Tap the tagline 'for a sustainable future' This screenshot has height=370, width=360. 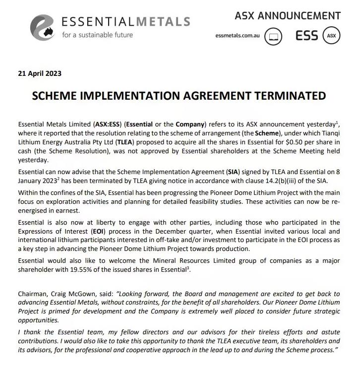click(97, 35)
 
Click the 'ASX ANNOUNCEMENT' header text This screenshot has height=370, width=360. click(288, 15)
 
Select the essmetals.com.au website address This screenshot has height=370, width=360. click(238, 36)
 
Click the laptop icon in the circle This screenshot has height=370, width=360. click(273, 36)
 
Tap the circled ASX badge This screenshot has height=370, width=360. click(332, 36)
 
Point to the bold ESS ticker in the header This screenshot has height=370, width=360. click(306, 36)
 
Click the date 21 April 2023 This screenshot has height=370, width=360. click(40, 73)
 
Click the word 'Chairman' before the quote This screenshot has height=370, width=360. click(33, 294)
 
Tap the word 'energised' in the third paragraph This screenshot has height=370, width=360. click(34, 210)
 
